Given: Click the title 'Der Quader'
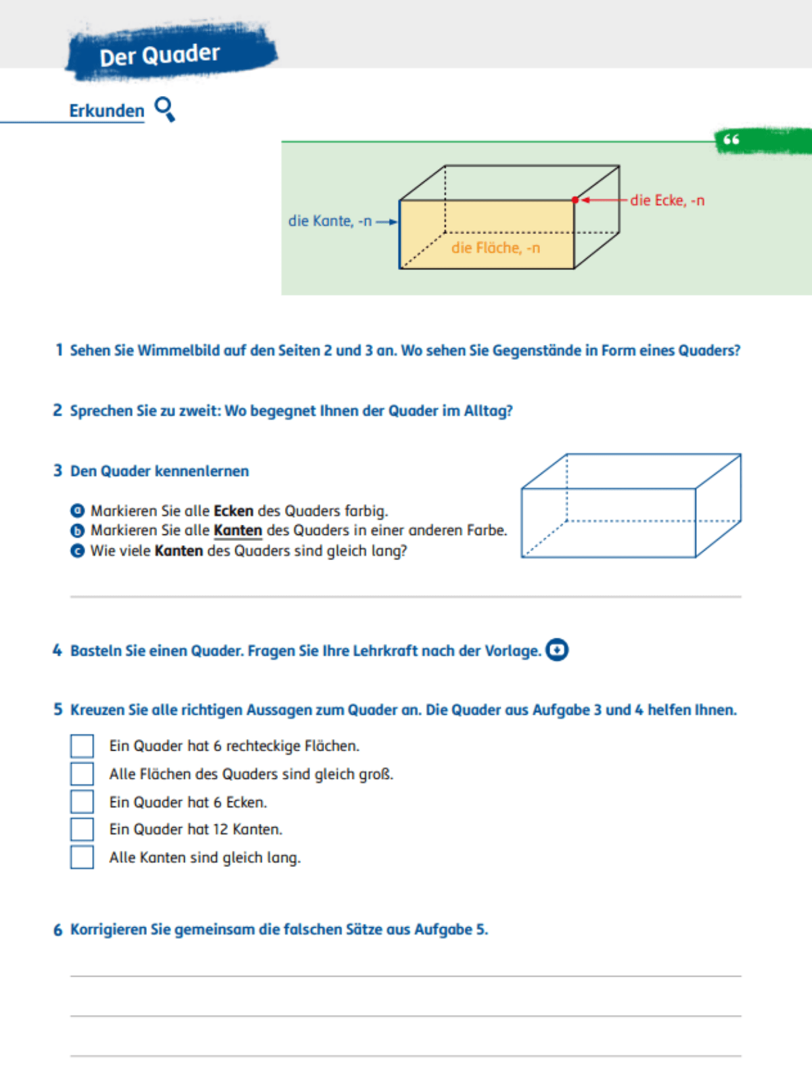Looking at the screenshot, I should (x=160, y=55).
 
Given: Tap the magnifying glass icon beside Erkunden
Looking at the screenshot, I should (x=164, y=108).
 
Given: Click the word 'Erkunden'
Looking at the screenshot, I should (x=106, y=111).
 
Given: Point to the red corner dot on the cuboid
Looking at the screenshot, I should (x=575, y=200).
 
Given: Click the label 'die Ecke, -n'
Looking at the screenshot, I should (x=667, y=200).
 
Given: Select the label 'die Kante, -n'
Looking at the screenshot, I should (x=330, y=221).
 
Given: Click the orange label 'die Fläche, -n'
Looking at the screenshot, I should (x=495, y=248).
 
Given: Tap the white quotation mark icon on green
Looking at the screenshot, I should (x=731, y=140).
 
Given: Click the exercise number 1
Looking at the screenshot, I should (x=59, y=350).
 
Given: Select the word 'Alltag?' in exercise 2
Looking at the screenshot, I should (x=488, y=411).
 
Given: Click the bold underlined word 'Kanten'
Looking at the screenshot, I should (x=238, y=531).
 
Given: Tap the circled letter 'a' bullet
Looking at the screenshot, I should (x=77, y=511).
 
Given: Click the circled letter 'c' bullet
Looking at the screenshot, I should (x=77, y=551).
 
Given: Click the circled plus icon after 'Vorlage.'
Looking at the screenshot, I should (x=557, y=650).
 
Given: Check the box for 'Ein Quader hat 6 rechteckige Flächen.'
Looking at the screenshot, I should (x=82, y=746).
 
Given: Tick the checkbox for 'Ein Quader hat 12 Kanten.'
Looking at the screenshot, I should (x=82, y=829).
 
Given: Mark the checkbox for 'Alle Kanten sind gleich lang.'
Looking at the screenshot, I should (x=82, y=857).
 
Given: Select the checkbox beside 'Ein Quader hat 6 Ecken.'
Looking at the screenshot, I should (x=82, y=801).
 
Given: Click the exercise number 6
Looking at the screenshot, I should (x=58, y=931).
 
